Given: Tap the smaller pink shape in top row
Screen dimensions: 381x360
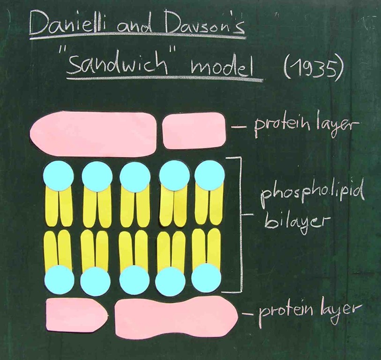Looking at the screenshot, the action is [x=194, y=130].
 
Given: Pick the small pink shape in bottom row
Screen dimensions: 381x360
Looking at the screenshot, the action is [x=76, y=315].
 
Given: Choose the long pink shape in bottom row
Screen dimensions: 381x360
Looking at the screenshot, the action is [x=176, y=315].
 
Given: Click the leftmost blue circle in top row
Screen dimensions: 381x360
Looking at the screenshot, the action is [x=58, y=175].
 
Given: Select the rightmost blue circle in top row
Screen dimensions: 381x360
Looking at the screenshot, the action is [x=209, y=175].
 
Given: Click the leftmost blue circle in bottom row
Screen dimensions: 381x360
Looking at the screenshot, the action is [x=59, y=280].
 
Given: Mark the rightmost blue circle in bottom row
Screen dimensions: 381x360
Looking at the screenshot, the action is [x=206, y=278].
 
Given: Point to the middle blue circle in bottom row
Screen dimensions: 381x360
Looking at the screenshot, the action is [x=134, y=280].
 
